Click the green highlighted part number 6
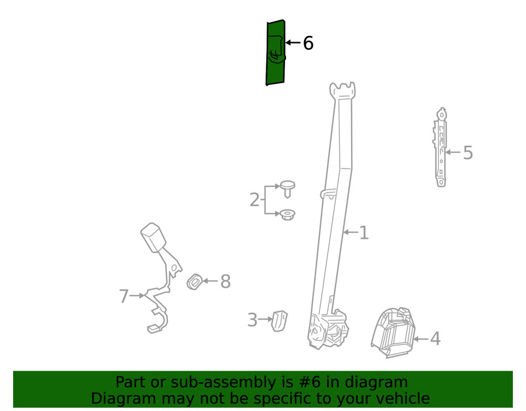[x=276, y=53]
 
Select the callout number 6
[x=308, y=43]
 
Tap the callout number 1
[x=363, y=233]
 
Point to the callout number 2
[x=255, y=200]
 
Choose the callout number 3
[x=252, y=320]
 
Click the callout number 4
[x=435, y=339]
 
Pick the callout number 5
[x=468, y=153]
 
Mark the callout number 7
[x=124, y=296]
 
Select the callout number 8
[x=226, y=281]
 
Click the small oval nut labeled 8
[x=195, y=282]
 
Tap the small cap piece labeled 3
[x=279, y=321]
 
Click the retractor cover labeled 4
[x=393, y=333]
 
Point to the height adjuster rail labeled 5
[x=440, y=147]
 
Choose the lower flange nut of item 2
[x=288, y=214]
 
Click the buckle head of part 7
[x=153, y=237]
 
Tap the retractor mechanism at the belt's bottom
[x=328, y=329]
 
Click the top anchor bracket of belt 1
[x=342, y=91]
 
